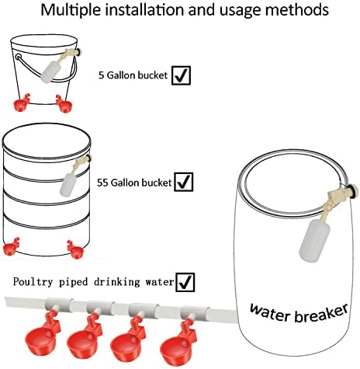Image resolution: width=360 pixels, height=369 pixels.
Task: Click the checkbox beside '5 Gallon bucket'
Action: tap(181, 75)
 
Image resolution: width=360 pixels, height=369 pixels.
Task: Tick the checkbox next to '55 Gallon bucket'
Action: tap(184, 182)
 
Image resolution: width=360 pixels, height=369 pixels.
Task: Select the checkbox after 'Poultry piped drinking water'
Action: tap(185, 282)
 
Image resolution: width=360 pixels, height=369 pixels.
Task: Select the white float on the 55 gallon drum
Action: tap(67, 184)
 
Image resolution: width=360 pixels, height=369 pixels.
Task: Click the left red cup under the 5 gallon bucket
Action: tap(21, 103)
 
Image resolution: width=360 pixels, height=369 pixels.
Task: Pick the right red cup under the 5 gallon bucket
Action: tap(64, 104)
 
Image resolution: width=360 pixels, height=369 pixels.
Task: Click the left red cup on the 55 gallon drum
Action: tap(12, 247)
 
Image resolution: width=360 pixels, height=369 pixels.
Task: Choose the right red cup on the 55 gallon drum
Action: tap(75, 249)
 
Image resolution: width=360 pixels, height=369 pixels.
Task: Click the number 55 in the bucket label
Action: tap(102, 183)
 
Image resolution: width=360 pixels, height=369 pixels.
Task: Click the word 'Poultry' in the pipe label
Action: tap(33, 282)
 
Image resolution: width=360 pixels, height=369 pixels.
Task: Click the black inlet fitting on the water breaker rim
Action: tap(352, 191)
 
